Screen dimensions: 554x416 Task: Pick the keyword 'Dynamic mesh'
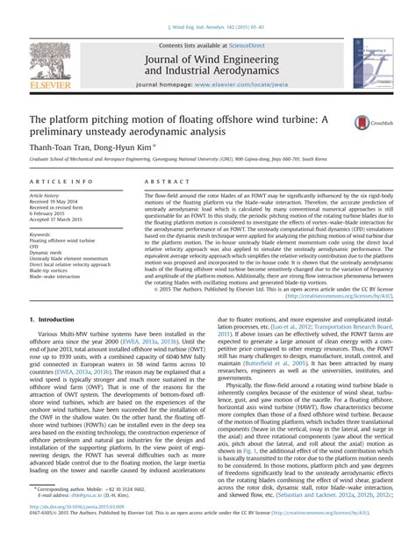[49, 252]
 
